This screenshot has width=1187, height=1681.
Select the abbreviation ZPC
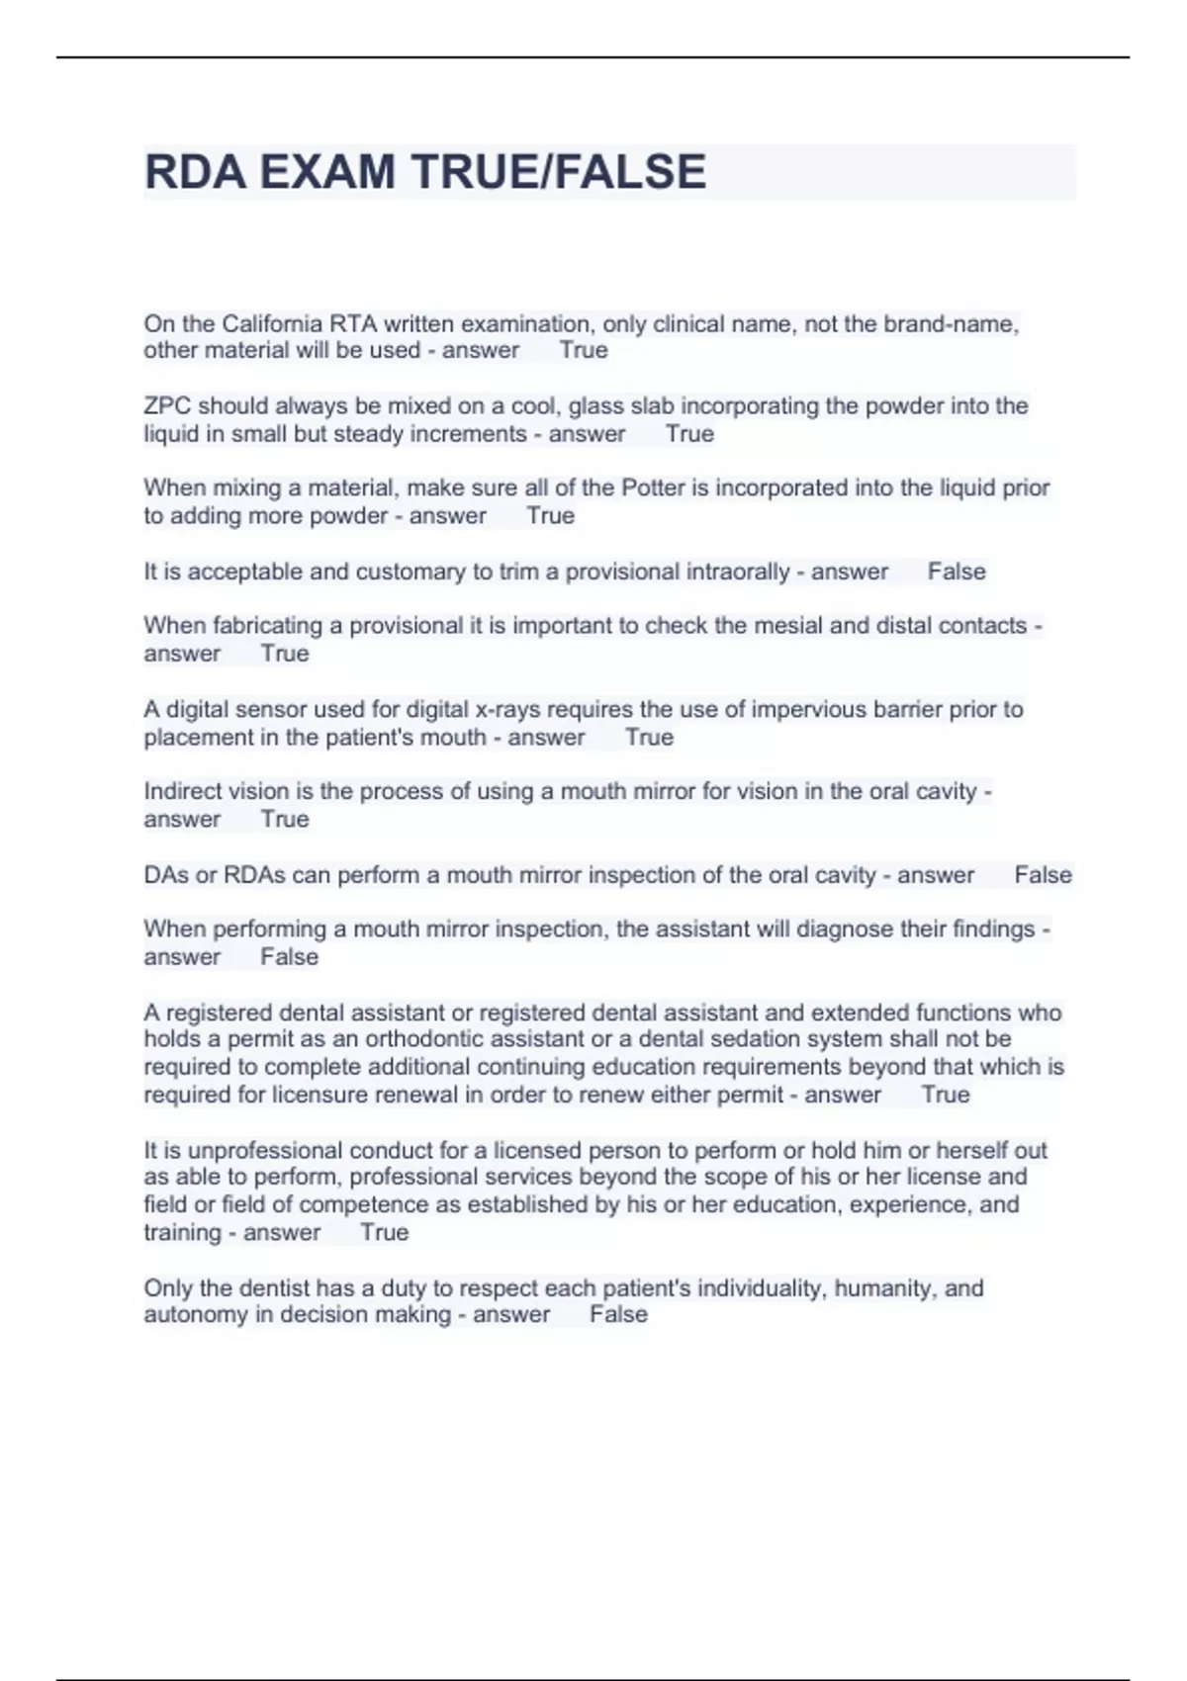coord(167,406)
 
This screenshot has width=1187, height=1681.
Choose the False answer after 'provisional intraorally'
coord(957,572)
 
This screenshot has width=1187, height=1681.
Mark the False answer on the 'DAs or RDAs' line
coord(1043,875)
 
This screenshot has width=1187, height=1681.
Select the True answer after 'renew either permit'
coord(946,1095)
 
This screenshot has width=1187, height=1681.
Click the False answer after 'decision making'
coord(618,1315)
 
